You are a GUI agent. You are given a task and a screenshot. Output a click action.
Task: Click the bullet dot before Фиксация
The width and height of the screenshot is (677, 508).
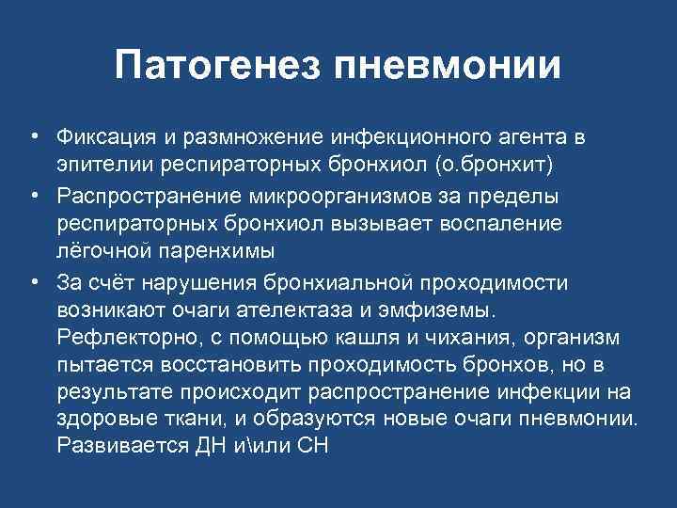[x=32, y=137]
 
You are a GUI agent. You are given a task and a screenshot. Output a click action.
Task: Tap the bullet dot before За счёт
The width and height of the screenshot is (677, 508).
[x=32, y=284]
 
